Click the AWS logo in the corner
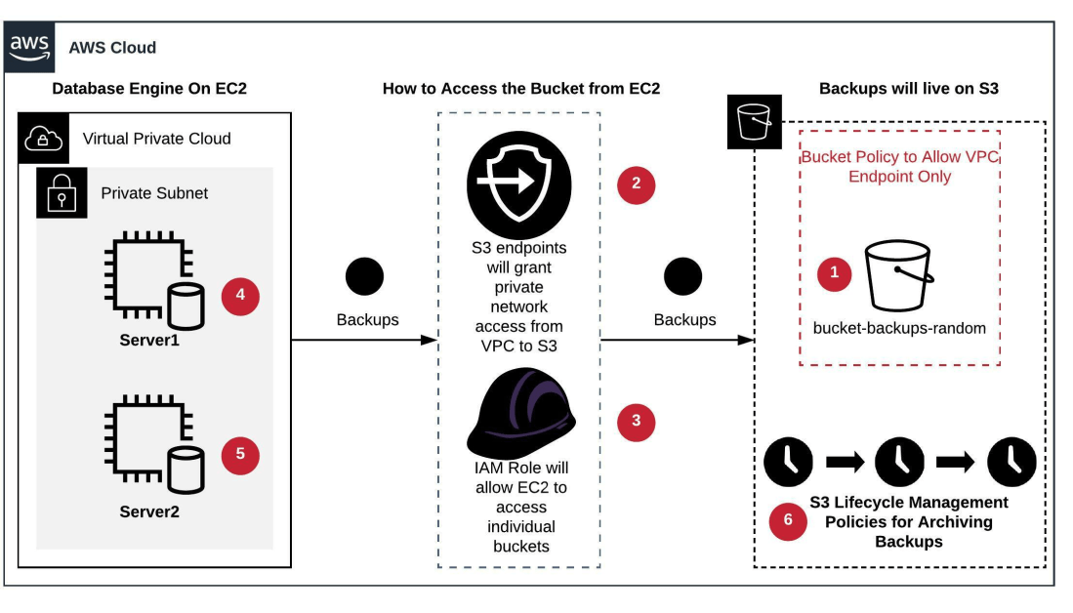click(x=29, y=47)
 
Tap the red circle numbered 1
click(x=834, y=274)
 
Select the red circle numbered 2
click(x=636, y=183)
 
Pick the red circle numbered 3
click(x=637, y=422)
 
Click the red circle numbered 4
click(x=240, y=295)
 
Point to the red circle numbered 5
click(x=240, y=455)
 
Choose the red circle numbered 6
click(x=788, y=521)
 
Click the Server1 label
click(x=149, y=341)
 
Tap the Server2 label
click(x=149, y=511)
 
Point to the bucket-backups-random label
click(x=899, y=328)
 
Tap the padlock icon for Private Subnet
click(x=62, y=192)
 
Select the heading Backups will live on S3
click(x=908, y=89)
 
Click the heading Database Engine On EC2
click(x=149, y=89)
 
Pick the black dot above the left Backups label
click(x=365, y=277)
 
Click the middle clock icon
click(x=899, y=462)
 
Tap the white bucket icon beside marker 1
click(x=898, y=275)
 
